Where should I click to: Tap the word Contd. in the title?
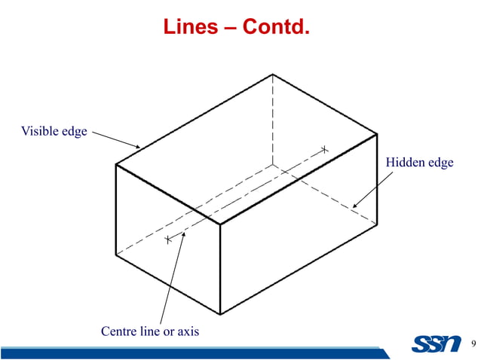click(x=275, y=29)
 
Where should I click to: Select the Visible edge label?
click(x=54, y=132)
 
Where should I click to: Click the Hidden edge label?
click(x=419, y=163)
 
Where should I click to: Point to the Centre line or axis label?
click(x=150, y=331)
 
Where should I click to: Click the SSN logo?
click(x=437, y=344)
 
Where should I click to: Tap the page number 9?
click(x=473, y=345)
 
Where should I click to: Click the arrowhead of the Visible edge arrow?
click(x=139, y=148)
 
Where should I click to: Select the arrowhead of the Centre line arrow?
click(x=183, y=233)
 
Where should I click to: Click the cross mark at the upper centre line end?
click(x=325, y=149)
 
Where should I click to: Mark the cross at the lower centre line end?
click(x=167, y=239)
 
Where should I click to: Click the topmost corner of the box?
click(x=273, y=74)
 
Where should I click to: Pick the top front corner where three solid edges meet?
click(x=219, y=224)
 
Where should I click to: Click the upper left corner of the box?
click(x=115, y=164)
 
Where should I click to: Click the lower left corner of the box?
click(x=115, y=255)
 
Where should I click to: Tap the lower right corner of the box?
click(x=377, y=224)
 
